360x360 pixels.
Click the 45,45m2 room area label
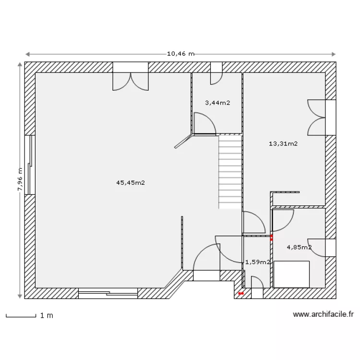[x=131, y=183]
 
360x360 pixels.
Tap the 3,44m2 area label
[x=217, y=103]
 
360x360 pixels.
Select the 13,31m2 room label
[x=283, y=144]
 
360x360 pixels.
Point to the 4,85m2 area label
[x=299, y=247]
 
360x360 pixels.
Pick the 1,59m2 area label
[x=258, y=262]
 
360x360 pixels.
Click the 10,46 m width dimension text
[x=180, y=54]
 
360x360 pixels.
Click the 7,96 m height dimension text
[x=20, y=179]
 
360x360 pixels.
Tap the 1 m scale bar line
[x=21, y=317]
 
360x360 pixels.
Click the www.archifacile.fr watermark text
[x=323, y=314]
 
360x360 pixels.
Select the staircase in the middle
[x=230, y=172]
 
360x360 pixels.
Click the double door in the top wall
[x=131, y=76]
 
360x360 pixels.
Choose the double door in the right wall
[x=322, y=117]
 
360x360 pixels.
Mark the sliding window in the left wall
[x=30, y=165]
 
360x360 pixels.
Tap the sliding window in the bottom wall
[x=108, y=293]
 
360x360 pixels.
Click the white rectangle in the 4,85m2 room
[x=291, y=274]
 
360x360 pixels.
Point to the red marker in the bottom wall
[x=240, y=293]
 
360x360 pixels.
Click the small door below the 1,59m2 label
[x=257, y=287]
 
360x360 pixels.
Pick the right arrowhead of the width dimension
[x=334, y=54]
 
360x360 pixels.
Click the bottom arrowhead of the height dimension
[x=20, y=296]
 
